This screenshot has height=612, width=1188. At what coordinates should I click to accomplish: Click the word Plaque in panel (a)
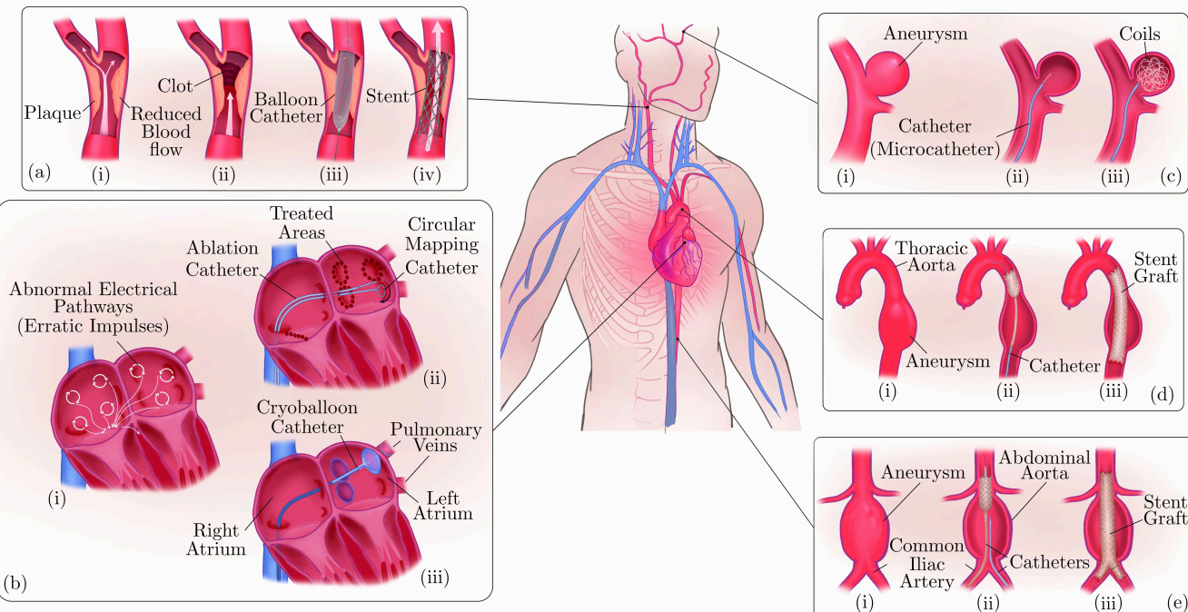(53, 113)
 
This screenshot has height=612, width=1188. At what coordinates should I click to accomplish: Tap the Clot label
(175, 85)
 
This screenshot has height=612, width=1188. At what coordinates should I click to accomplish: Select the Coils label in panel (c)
(1140, 34)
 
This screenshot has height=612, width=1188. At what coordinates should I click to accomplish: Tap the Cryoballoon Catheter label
(307, 417)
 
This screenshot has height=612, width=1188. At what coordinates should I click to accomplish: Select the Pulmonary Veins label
(436, 437)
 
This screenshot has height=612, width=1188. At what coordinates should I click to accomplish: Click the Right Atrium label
(216, 539)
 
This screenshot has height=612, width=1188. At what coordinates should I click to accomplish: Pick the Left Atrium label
(443, 506)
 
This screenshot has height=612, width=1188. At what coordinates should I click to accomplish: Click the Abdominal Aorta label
(1044, 465)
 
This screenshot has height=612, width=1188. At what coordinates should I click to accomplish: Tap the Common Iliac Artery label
(926, 563)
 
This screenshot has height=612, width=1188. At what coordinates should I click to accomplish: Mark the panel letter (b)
(15, 583)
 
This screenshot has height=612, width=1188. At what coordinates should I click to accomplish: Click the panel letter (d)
(1162, 394)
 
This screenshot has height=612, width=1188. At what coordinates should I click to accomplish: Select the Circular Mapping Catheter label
(441, 245)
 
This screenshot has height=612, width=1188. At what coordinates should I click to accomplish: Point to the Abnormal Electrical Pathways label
(94, 307)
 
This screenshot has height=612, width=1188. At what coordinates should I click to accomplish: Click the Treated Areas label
(302, 222)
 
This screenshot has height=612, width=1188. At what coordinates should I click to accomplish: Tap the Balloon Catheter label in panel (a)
(286, 108)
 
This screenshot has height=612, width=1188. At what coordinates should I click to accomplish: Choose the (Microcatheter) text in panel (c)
(935, 149)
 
